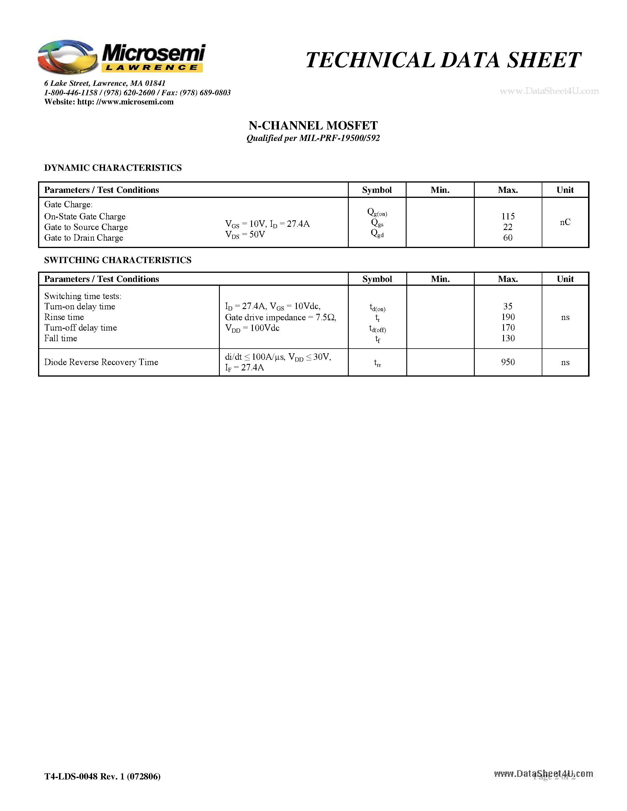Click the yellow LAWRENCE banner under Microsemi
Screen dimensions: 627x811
tap(152, 68)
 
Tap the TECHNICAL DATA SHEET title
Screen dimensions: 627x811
tap(443, 60)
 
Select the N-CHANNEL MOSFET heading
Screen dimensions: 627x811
tap(313, 126)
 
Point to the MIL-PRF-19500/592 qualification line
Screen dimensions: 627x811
tap(313, 138)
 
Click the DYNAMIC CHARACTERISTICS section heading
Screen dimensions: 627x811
tap(113, 168)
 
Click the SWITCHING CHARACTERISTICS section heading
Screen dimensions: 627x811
tap(118, 260)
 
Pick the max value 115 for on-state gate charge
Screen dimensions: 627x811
tap(508, 216)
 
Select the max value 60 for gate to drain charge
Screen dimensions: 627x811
tap(508, 238)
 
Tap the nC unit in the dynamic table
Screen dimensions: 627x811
tap(565, 222)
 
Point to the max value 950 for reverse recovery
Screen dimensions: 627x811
tap(508, 362)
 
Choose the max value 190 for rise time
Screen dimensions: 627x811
tap(508, 317)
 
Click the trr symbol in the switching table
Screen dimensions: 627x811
tap(377, 363)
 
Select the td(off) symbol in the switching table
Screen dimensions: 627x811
tap(377, 329)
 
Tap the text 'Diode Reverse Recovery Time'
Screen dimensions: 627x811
tap(101, 362)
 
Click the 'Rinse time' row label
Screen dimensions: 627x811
tap(64, 317)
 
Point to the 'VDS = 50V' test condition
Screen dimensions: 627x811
tap(245, 235)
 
